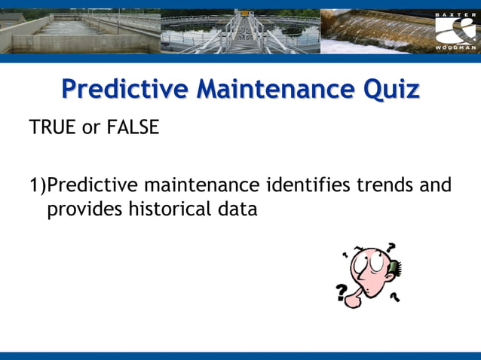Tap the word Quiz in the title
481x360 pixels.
pos(391,90)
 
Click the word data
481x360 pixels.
pos(237,209)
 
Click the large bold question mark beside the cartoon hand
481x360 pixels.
pos(342,292)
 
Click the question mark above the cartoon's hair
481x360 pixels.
pos(391,246)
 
